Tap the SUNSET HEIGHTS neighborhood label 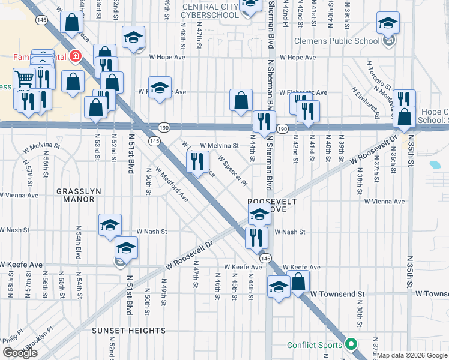point(128,331)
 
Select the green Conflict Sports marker point(352,344)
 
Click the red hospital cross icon point(76,57)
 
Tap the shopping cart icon point(24,77)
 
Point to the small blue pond point(435,164)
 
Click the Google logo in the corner point(20,352)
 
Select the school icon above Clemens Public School point(388,23)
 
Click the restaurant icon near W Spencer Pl point(197,161)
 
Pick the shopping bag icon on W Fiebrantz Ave point(241,100)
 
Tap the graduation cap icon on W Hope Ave point(133,37)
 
